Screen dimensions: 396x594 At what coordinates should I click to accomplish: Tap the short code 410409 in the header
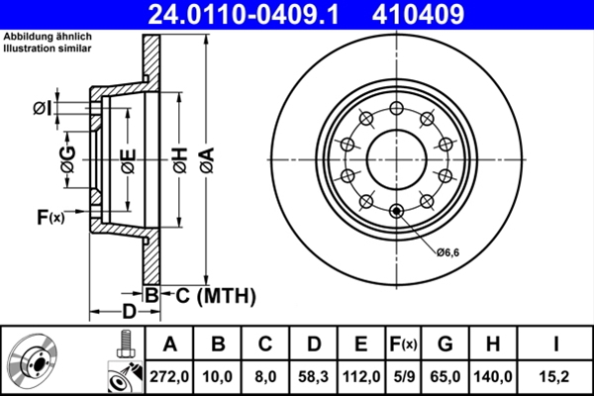pos(445,15)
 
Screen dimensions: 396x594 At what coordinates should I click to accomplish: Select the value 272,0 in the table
pos(169,375)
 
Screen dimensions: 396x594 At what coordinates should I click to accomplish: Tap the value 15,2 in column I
pos(556,375)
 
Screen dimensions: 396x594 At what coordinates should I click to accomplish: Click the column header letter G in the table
pos(445,345)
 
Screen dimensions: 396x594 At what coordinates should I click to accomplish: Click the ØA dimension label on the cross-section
pos(205,159)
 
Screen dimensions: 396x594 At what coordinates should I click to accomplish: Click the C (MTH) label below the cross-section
pos(209,295)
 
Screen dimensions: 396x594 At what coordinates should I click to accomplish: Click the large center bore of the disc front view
pos(397,159)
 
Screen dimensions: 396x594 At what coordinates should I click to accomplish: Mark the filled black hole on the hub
pos(397,210)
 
